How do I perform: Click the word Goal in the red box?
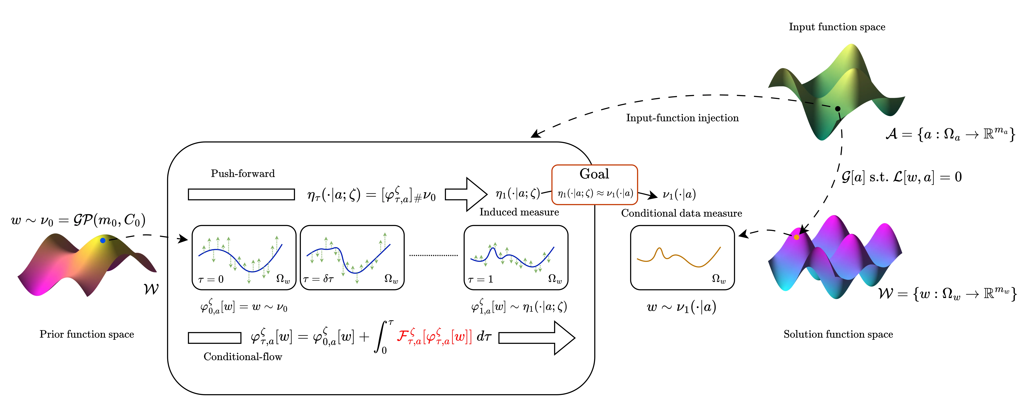tap(594, 174)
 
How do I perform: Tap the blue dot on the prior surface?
tap(103, 240)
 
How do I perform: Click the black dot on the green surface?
tap(838, 108)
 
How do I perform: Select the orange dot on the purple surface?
tap(797, 237)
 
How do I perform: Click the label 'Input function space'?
tap(837, 27)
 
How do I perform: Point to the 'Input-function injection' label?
tap(682, 118)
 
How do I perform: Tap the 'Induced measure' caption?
tap(519, 212)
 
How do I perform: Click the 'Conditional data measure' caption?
tap(681, 213)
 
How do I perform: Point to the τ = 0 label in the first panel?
tap(211, 279)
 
